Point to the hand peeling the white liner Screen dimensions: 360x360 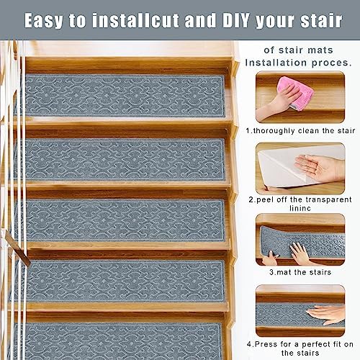320,168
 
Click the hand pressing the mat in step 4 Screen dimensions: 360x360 328,313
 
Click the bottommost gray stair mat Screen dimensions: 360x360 119,341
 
